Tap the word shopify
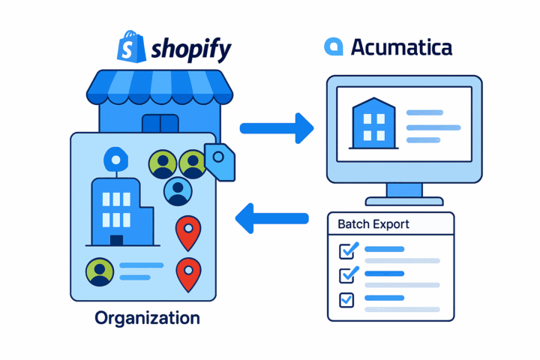click(x=190, y=49)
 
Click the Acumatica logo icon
click(x=333, y=46)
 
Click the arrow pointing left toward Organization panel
click(x=271, y=218)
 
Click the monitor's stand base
click(x=403, y=200)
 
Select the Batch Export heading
click(x=373, y=224)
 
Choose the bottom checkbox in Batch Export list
click(x=347, y=300)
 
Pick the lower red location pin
click(x=187, y=272)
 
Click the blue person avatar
click(x=178, y=191)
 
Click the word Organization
click(x=147, y=318)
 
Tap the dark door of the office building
click(x=116, y=240)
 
